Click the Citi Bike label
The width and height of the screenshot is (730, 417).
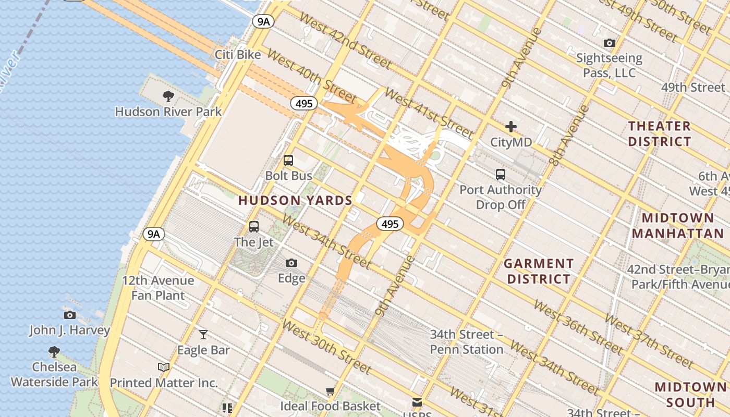[238, 55]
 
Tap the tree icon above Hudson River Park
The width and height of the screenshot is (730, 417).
[168, 96]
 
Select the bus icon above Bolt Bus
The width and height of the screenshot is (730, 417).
[288, 161]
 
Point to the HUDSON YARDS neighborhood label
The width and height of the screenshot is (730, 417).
[295, 200]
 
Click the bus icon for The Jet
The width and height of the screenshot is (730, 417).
[254, 227]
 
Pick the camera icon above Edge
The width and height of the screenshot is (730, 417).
[291, 263]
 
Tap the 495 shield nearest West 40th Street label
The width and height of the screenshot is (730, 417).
[303, 103]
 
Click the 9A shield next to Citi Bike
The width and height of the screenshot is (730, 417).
[263, 21]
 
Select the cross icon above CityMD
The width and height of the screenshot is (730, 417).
[511, 127]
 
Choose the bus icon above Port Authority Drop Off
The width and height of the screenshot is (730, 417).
[501, 175]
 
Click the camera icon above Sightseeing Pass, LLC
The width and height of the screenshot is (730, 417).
[609, 43]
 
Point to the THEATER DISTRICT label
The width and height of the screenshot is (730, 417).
[660, 133]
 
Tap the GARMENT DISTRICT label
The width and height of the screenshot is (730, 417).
[539, 271]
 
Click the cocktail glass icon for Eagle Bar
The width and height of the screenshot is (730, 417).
[203, 334]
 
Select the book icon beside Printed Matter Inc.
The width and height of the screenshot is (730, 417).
[164, 367]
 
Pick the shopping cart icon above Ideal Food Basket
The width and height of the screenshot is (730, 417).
[330, 391]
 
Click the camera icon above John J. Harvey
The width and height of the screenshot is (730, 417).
[69, 315]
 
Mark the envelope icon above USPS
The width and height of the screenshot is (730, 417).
[417, 402]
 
